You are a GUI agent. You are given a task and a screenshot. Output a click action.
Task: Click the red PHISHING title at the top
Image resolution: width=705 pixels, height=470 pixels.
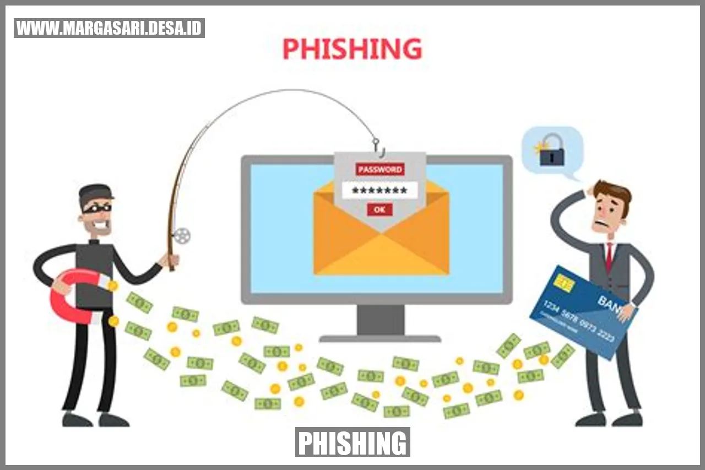coord(352,49)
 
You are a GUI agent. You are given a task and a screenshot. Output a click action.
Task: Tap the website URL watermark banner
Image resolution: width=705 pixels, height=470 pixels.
coord(109,28)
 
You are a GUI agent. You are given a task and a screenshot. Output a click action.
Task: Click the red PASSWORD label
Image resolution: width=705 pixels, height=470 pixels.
coord(380,169)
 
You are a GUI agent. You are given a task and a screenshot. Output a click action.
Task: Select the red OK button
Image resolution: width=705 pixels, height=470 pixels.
coord(379,209)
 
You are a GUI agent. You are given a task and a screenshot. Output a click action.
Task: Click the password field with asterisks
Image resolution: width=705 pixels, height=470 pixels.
coord(379,191)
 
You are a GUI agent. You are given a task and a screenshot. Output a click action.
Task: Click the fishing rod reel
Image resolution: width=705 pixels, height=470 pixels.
coord(181,236)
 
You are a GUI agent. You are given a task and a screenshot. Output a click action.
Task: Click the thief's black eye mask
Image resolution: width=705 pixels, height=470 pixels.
coord(97,208)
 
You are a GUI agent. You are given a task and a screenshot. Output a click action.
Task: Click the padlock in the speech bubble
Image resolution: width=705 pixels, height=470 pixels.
coord(551,152)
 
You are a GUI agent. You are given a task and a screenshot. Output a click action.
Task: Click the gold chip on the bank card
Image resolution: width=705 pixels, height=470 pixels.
coord(565,283)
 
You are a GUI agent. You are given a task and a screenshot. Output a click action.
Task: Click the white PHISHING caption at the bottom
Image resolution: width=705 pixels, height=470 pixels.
coord(352,442)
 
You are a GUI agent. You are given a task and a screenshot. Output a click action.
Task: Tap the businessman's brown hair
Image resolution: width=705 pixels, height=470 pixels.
coord(614,191)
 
